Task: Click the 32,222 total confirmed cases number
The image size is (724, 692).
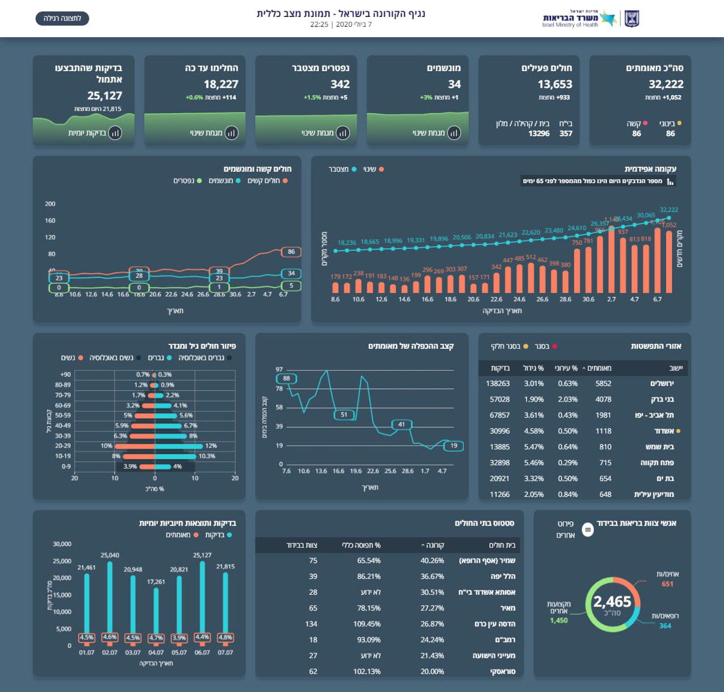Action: click(666, 84)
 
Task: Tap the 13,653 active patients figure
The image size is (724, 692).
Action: click(555, 84)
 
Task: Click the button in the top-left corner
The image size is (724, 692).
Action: click(62, 18)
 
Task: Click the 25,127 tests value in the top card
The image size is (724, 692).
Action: click(105, 96)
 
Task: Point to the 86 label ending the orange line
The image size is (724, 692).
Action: click(291, 252)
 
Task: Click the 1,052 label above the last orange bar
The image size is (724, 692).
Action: click(669, 225)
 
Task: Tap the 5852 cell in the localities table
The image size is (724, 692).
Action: click(604, 383)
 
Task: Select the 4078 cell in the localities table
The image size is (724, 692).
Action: click(604, 399)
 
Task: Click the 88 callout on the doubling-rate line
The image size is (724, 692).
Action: click(287, 379)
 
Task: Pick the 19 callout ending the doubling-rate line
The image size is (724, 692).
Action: click(454, 446)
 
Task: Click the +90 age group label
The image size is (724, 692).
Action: click(66, 374)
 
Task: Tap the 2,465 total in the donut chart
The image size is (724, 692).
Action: click(612, 602)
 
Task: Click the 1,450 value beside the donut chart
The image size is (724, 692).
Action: click(559, 620)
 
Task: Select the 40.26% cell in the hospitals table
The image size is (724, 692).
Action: click(432, 561)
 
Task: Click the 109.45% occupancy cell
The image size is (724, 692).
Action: click(367, 624)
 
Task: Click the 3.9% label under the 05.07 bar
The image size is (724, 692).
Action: click(179, 638)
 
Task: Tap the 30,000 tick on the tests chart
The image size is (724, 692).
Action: click(62, 544)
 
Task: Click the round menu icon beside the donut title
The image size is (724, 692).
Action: click(588, 529)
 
